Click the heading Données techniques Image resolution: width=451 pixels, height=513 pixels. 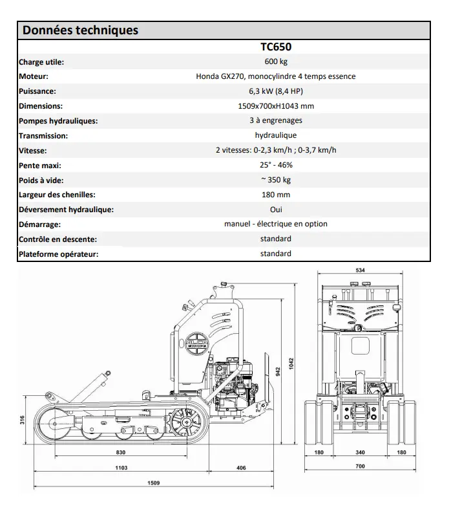pos(81,30)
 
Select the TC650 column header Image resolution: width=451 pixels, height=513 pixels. pos(276,47)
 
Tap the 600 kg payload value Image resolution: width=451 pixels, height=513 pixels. pos(276,62)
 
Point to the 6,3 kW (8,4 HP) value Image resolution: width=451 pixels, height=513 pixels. pos(276,91)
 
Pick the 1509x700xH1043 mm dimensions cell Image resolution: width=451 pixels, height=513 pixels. pos(276,106)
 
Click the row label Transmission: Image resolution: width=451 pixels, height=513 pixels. pos(43,136)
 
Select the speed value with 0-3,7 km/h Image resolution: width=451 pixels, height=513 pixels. pos(276,151)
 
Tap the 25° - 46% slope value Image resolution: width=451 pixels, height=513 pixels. pos(276,166)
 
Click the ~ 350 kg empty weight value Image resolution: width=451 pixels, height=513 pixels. pos(276,180)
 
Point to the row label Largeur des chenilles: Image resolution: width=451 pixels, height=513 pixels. pos(57,195)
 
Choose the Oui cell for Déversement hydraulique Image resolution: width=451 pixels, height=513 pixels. pos(276,210)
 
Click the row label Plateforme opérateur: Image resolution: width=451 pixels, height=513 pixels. pos(59,254)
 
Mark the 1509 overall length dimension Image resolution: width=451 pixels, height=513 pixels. pos(153,483)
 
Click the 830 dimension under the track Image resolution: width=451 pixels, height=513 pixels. pos(120,452)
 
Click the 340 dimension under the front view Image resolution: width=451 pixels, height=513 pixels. pos(360,452)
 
